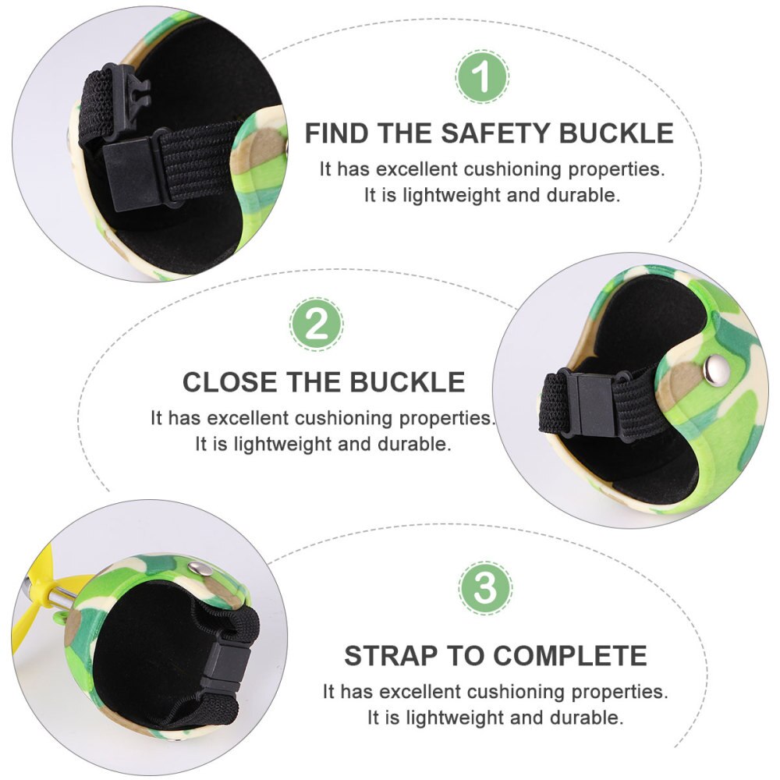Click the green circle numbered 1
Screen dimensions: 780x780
click(x=482, y=76)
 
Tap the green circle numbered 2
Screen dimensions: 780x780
click(x=317, y=324)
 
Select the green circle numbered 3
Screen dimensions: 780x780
click(x=485, y=587)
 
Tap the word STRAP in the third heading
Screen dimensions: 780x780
click(x=393, y=656)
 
